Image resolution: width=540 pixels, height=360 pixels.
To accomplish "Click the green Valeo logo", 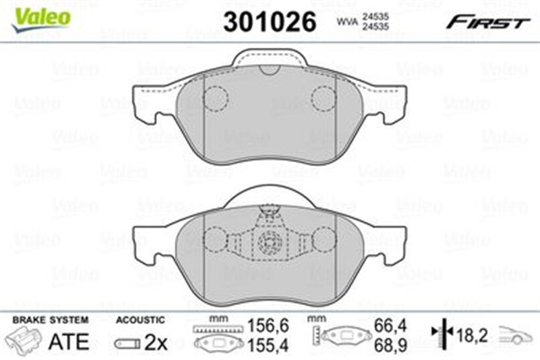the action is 41,19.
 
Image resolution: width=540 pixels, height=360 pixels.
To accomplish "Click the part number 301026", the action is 270,21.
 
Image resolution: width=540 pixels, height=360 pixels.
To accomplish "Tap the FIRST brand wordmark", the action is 488,23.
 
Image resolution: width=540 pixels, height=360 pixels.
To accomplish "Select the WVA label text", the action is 348,21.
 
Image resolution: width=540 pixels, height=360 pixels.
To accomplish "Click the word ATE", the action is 69,341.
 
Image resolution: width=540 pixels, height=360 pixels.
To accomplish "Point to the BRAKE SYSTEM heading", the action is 51,320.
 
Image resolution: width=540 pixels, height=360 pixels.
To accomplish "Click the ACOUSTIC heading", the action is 140,320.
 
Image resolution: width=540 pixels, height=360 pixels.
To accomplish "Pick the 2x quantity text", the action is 155,342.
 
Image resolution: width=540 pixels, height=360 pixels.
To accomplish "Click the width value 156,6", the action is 268,325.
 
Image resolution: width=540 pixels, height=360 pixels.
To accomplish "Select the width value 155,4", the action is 268,345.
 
